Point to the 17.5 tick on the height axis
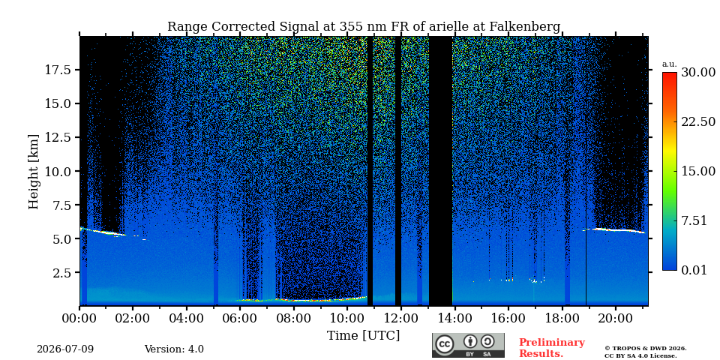58,70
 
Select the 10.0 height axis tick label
58,171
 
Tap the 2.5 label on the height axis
61,273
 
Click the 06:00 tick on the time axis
240,318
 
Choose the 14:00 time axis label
454,318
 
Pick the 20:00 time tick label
615,318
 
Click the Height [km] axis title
34,171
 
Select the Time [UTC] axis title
363,336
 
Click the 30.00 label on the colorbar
698,72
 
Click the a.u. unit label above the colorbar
670,64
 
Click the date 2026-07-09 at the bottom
65,349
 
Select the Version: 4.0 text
174,349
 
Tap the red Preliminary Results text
551,348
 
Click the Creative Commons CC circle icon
445,344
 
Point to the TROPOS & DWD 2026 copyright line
646,349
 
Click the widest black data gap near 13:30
441,171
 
